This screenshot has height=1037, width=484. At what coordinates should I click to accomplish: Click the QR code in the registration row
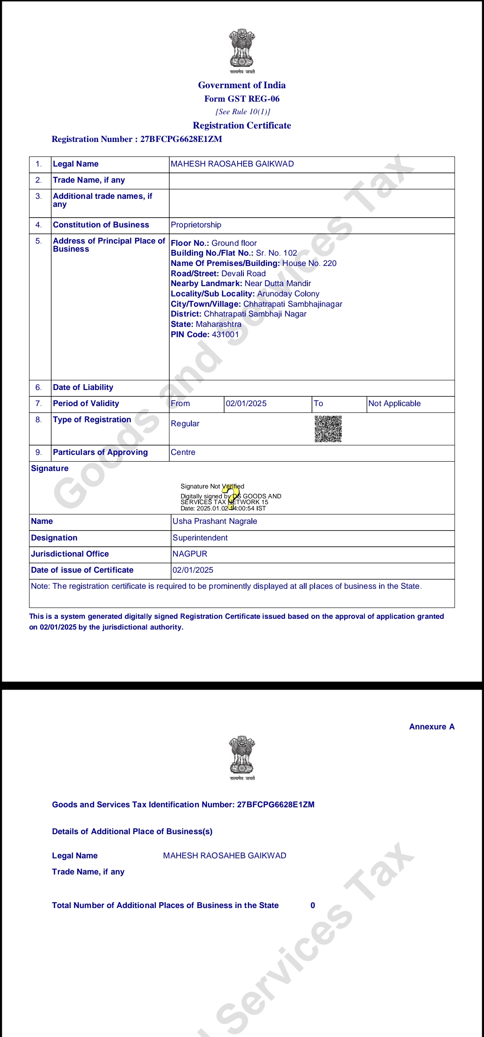click(x=328, y=429)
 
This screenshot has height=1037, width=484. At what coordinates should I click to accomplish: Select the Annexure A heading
click(x=432, y=727)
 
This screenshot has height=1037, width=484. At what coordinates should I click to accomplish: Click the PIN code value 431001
click(x=225, y=334)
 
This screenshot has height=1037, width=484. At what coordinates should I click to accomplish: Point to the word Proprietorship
click(x=196, y=225)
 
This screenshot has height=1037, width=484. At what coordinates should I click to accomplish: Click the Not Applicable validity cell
click(x=394, y=403)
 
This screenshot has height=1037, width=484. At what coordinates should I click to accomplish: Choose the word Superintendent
click(x=200, y=538)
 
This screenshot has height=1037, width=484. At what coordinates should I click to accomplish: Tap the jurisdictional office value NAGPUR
click(x=190, y=554)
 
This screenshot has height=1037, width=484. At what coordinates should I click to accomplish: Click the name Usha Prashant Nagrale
click(x=215, y=521)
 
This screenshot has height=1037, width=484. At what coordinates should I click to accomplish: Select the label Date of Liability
click(x=83, y=387)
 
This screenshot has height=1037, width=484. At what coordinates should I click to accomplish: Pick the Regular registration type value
click(x=185, y=424)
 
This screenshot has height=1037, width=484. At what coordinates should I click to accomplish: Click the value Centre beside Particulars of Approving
click(x=183, y=452)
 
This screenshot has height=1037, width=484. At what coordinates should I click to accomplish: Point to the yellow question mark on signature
click(x=231, y=497)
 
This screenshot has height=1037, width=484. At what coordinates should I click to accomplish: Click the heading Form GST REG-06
click(x=242, y=99)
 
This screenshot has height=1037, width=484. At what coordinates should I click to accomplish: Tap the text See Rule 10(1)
click(x=242, y=112)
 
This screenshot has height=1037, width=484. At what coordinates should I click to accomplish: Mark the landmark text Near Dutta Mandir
click(x=278, y=283)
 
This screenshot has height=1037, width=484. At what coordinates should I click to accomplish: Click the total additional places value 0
click(x=313, y=905)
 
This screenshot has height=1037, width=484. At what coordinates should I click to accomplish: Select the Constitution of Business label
click(x=101, y=225)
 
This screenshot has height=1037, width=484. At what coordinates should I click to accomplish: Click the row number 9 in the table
click(x=39, y=452)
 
